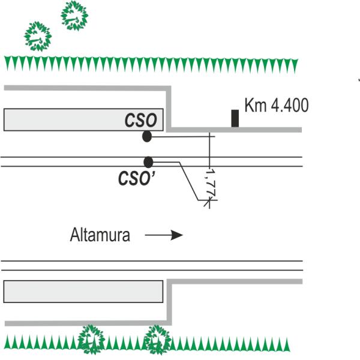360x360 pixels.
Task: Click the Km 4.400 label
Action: coord(277,105)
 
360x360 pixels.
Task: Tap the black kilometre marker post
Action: coord(235,118)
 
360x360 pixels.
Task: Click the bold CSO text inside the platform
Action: coord(140,121)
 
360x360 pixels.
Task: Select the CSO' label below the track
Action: coord(137,179)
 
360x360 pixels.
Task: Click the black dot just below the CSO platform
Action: coord(147,136)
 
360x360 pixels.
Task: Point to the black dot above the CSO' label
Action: coord(148,163)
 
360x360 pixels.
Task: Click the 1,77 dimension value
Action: coord(211,183)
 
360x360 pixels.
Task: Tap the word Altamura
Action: coord(100,235)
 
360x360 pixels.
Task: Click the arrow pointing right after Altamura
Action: coord(164,235)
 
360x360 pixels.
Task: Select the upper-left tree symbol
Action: coord(38,36)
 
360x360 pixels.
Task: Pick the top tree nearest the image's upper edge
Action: coord(74,16)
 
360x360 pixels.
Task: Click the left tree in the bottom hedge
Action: coord(91,340)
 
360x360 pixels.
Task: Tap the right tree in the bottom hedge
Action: coord(157,340)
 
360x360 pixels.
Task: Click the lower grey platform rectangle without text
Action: coord(83,292)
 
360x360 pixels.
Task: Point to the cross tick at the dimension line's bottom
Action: coord(209,200)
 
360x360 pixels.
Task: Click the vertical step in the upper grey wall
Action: coord(169,109)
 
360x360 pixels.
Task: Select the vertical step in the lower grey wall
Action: coord(169,302)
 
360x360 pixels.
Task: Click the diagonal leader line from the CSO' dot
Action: coord(189,181)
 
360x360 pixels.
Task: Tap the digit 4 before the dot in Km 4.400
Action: coord(275,106)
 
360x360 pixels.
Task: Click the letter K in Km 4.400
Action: coord(248,105)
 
